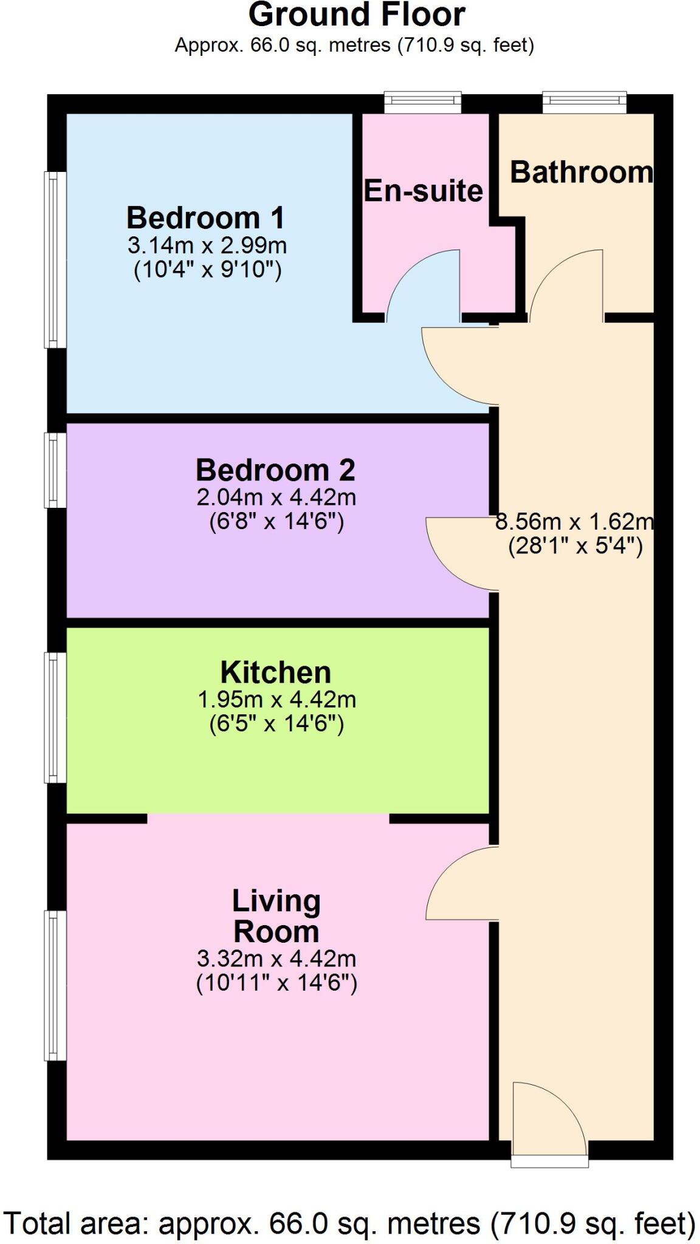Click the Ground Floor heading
pyautogui.click(x=357, y=15)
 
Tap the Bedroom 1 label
pyautogui.click(x=205, y=217)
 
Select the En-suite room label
pyautogui.click(x=423, y=191)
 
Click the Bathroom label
pyautogui.click(x=581, y=173)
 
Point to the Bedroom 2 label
pyautogui.click(x=275, y=470)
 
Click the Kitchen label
pyautogui.click(x=275, y=672)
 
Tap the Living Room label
pyautogui.click(x=276, y=916)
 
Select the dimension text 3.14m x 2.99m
pyautogui.click(x=207, y=246)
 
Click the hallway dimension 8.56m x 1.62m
pyautogui.click(x=574, y=521)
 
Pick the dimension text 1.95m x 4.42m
pyautogui.click(x=276, y=700)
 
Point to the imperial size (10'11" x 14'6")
pyautogui.click(x=276, y=982)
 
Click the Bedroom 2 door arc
pyautogui.click(x=462, y=553)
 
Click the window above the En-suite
pyautogui.click(x=423, y=101)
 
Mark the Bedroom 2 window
pyautogui.click(x=55, y=470)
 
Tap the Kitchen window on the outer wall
pyautogui.click(x=55, y=717)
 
